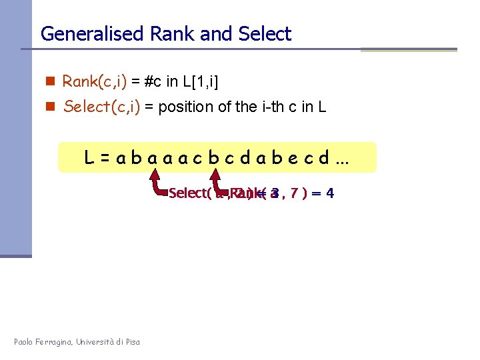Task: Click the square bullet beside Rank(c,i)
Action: (x=49, y=82)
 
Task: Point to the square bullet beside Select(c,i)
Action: (x=49, y=107)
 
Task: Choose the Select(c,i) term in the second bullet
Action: (x=101, y=107)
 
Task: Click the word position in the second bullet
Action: (x=180, y=107)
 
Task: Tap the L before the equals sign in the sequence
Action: (x=88, y=159)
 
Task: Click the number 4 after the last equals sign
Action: (x=329, y=193)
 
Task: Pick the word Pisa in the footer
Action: (x=131, y=342)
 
